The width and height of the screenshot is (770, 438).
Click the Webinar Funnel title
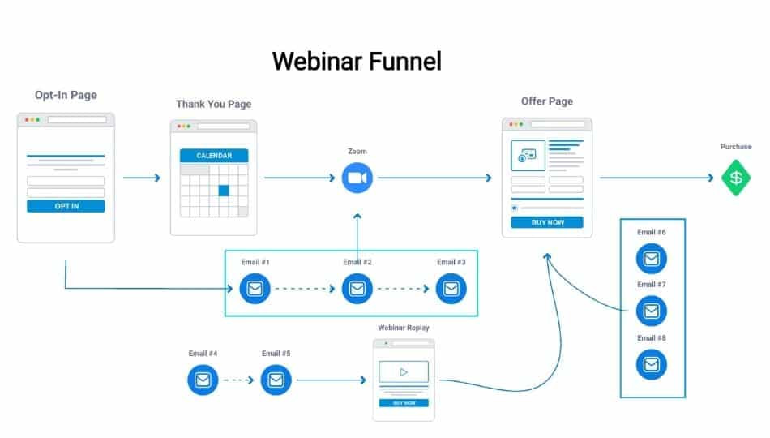click(x=357, y=61)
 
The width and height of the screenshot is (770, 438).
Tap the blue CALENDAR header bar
click(x=214, y=156)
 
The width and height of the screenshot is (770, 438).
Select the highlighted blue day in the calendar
click(x=224, y=191)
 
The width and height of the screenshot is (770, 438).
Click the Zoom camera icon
click(x=356, y=178)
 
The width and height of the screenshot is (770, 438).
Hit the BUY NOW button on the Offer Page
click(x=546, y=222)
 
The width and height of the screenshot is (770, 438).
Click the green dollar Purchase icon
click(x=736, y=178)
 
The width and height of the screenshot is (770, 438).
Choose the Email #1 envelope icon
click(x=255, y=289)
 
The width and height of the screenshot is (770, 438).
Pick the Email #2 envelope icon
click(x=357, y=289)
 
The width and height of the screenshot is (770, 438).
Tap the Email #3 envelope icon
click(x=451, y=289)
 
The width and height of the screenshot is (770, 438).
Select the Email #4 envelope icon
click(x=203, y=380)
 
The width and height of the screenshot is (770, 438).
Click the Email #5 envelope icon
click(x=276, y=380)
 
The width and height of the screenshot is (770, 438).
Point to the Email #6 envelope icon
click(x=651, y=259)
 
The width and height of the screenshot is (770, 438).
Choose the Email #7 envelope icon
click(x=651, y=311)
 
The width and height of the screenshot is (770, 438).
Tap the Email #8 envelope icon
click(x=651, y=364)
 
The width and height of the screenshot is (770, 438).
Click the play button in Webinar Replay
click(x=403, y=373)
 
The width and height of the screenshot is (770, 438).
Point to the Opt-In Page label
click(x=66, y=95)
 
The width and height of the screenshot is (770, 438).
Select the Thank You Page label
click(x=213, y=104)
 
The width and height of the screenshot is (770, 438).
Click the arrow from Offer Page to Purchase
click(x=657, y=178)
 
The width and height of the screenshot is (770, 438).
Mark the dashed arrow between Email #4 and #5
click(x=239, y=380)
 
